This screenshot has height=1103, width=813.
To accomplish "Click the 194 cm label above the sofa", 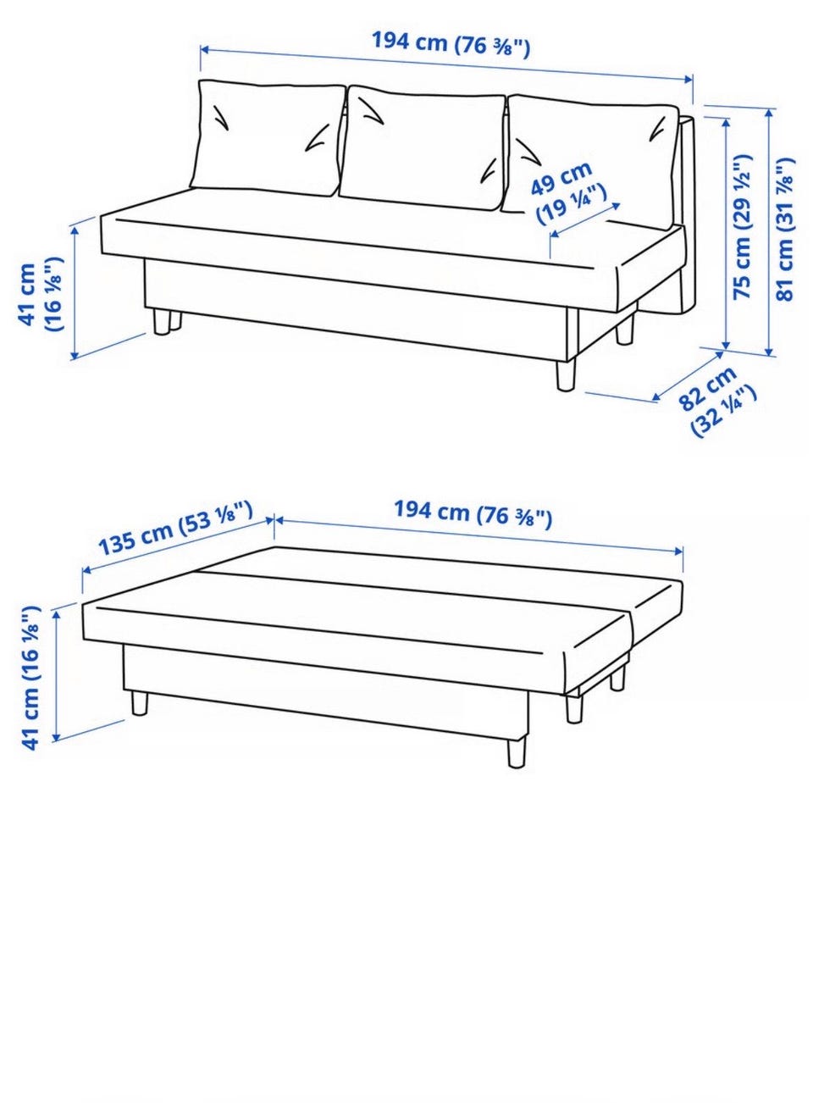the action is [x=451, y=43].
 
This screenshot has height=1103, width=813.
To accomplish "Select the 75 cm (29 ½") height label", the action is [x=743, y=227].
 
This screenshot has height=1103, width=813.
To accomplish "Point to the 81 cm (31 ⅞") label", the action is [x=785, y=229].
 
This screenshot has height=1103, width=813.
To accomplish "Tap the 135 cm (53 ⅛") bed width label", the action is [x=176, y=527].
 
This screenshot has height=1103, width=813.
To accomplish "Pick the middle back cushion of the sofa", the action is [x=423, y=148].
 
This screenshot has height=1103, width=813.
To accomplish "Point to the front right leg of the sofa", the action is [x=566, y=376].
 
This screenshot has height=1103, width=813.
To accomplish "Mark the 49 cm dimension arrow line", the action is [x=585, y=219].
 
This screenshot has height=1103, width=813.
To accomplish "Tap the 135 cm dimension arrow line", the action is [x=178, y=545].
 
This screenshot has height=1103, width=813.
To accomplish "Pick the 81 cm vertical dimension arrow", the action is [x=769, y=231].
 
